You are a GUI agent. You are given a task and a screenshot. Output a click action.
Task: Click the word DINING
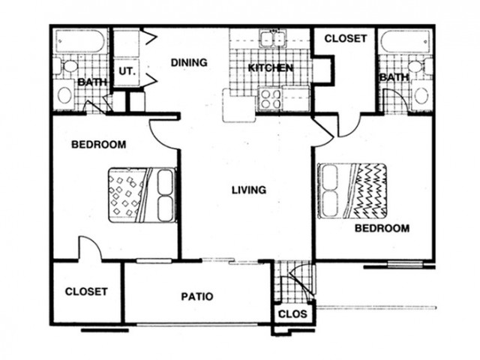point(189,62)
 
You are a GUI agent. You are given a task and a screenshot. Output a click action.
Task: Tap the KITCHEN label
point(270,68)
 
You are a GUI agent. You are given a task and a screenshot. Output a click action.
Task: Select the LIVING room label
point(249,190)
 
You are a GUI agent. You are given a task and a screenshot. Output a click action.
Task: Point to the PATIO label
point(197,297)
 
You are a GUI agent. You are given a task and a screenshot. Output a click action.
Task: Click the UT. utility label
point(127,71)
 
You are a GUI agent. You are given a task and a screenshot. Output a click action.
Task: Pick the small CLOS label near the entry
point(292,313)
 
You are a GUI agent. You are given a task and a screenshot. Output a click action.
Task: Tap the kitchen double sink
point(272,38)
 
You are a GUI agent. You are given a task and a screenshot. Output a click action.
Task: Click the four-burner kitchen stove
point(269,99)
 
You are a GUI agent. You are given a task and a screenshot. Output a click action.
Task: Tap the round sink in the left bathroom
point(65,95)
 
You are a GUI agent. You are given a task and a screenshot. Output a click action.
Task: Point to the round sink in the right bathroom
point(421,95)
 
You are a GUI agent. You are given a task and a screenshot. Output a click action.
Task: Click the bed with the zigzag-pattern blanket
point(352,191)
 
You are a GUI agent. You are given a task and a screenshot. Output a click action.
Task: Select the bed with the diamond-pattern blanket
point(142,195)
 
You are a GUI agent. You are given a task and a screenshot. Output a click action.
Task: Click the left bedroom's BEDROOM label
point(98,144)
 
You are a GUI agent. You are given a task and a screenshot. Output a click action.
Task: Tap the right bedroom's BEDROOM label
point(382,228)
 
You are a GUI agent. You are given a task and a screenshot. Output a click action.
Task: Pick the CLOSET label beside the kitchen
point(346,38)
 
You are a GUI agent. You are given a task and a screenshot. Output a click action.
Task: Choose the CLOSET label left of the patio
point(86,292)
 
